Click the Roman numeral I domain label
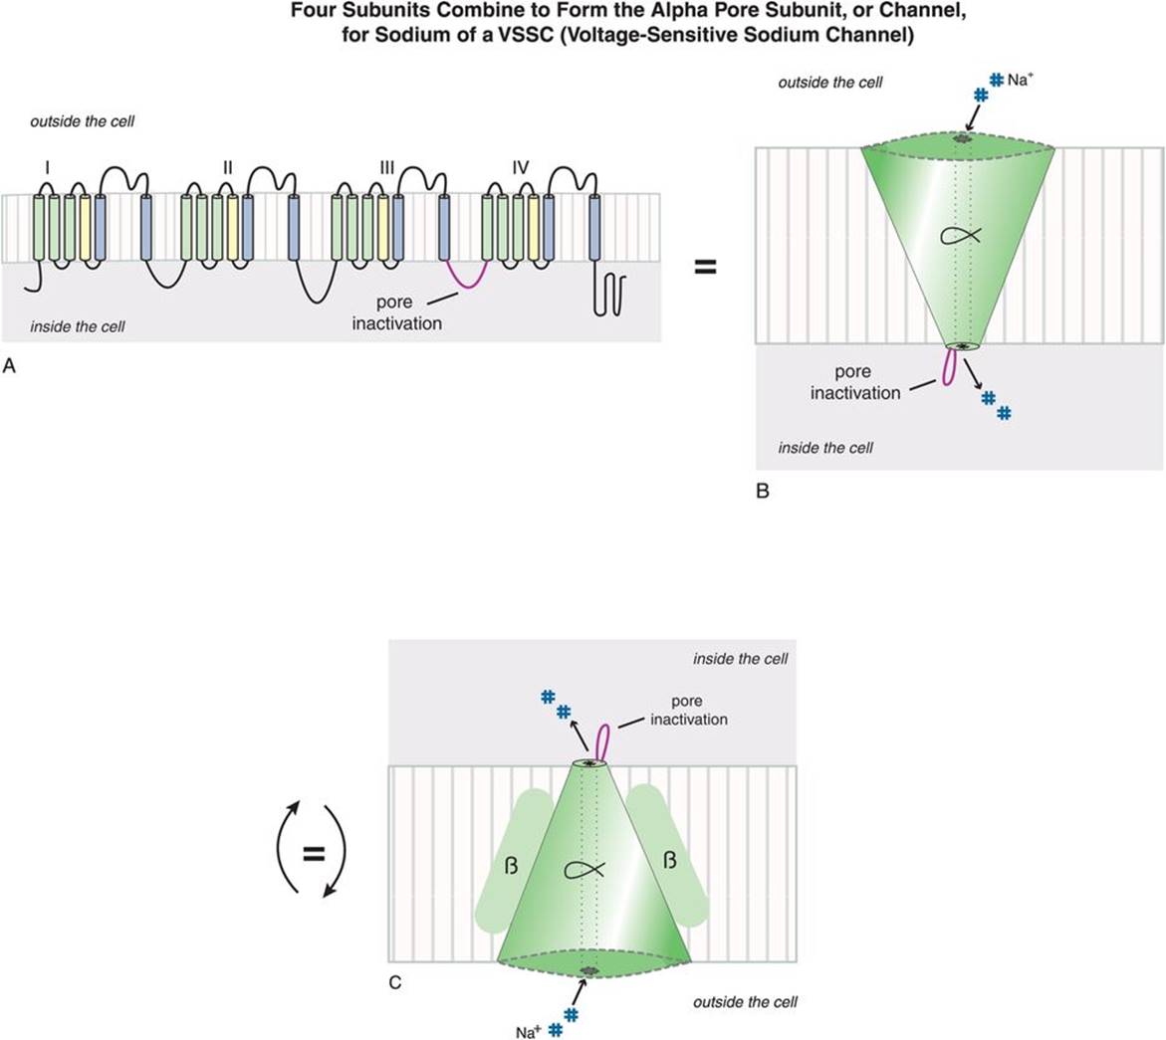coord(46,168)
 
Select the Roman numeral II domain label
coord(227,168)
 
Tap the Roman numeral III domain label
coord(387,168)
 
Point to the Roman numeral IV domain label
coord(520,168)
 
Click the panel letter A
coord(10,366)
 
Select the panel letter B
coord(763,490)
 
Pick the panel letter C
coord(395,983)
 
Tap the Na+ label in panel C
coord(529,1032)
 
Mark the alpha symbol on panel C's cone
coord(585,869)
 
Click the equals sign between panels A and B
coord(705,267)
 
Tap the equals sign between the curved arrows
coord(313,853)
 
